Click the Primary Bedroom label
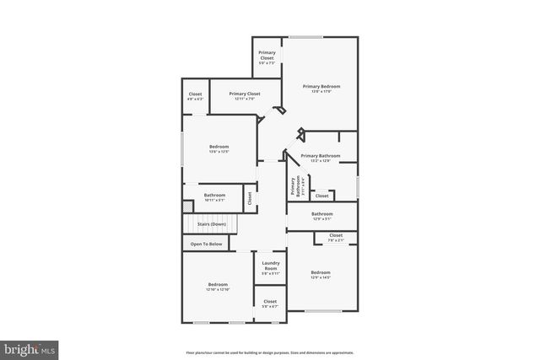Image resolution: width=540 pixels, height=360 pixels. tap(321, 89)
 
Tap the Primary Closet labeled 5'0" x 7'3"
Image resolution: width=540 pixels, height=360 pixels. tap(267, 57)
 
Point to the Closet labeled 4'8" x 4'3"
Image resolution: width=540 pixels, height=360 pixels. tap(195, 97)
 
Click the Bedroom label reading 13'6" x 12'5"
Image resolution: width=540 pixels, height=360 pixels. tap(219, 149)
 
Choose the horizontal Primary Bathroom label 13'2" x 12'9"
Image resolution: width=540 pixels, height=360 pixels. tap(321, 158)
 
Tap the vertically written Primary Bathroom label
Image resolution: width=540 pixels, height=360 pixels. tap(295, 186)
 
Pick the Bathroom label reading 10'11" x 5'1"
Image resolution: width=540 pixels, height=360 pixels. tap(214, 198)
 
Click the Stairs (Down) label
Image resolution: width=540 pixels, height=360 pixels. tap(211, 224)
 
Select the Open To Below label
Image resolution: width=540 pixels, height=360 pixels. tap(206, 244)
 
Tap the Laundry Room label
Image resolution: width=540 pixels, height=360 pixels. tap(270, 267)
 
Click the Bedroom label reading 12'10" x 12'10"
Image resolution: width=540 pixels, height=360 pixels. tap(219, 287)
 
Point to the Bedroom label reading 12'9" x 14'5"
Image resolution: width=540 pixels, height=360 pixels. tap(321, 275)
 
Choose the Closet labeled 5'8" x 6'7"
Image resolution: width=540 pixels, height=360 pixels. tap(270, 304)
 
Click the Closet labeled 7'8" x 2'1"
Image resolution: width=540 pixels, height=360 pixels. tap(336, 238)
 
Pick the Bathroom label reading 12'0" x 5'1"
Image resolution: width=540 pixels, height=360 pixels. tap(322, 216)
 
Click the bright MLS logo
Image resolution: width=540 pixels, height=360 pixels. tap(30, 347)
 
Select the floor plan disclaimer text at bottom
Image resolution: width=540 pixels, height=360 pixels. tap(269, 352)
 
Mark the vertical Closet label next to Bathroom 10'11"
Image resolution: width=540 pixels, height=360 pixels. tap(250, 198)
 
